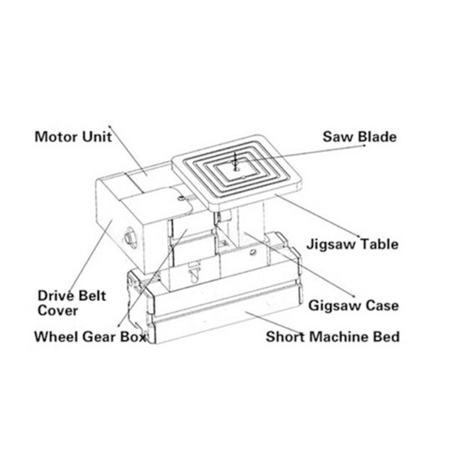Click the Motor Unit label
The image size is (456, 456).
point(73,137)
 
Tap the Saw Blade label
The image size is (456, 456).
point(359,137)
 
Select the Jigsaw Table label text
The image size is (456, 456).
point(352,245)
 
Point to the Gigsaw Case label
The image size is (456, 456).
point(353,306)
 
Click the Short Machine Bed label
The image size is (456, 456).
point(332,336)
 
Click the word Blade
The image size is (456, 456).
point(378,137)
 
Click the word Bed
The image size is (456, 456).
point(387,336)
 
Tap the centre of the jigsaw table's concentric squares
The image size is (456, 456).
point(235,165)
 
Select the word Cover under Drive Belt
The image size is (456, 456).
point(58,311)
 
